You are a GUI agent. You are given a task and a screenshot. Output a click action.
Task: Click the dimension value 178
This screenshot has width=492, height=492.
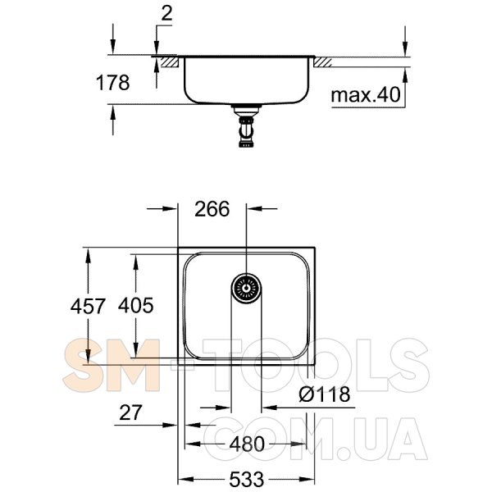tap(112, 83)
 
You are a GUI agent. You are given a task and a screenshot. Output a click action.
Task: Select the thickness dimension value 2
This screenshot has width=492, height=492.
tap(166, 14)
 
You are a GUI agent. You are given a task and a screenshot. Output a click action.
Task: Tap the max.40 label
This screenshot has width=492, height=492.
tap(366, 94)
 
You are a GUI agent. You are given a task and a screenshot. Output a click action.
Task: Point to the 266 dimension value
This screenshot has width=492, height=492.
tap(212, 209)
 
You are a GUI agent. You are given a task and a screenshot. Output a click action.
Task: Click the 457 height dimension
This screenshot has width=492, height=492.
tap(88, 306)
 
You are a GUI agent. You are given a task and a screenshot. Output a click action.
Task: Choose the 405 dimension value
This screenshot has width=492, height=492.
tap(136, 305)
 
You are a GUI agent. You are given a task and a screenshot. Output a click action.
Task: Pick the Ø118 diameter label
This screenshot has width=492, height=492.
tap(325, 394)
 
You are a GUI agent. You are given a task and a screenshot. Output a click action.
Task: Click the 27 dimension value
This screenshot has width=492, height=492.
tap(131, 412)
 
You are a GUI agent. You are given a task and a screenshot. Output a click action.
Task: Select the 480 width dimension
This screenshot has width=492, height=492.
tap(247, 444)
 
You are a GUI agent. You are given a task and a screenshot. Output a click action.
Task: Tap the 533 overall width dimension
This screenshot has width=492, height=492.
tap(247, 480)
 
